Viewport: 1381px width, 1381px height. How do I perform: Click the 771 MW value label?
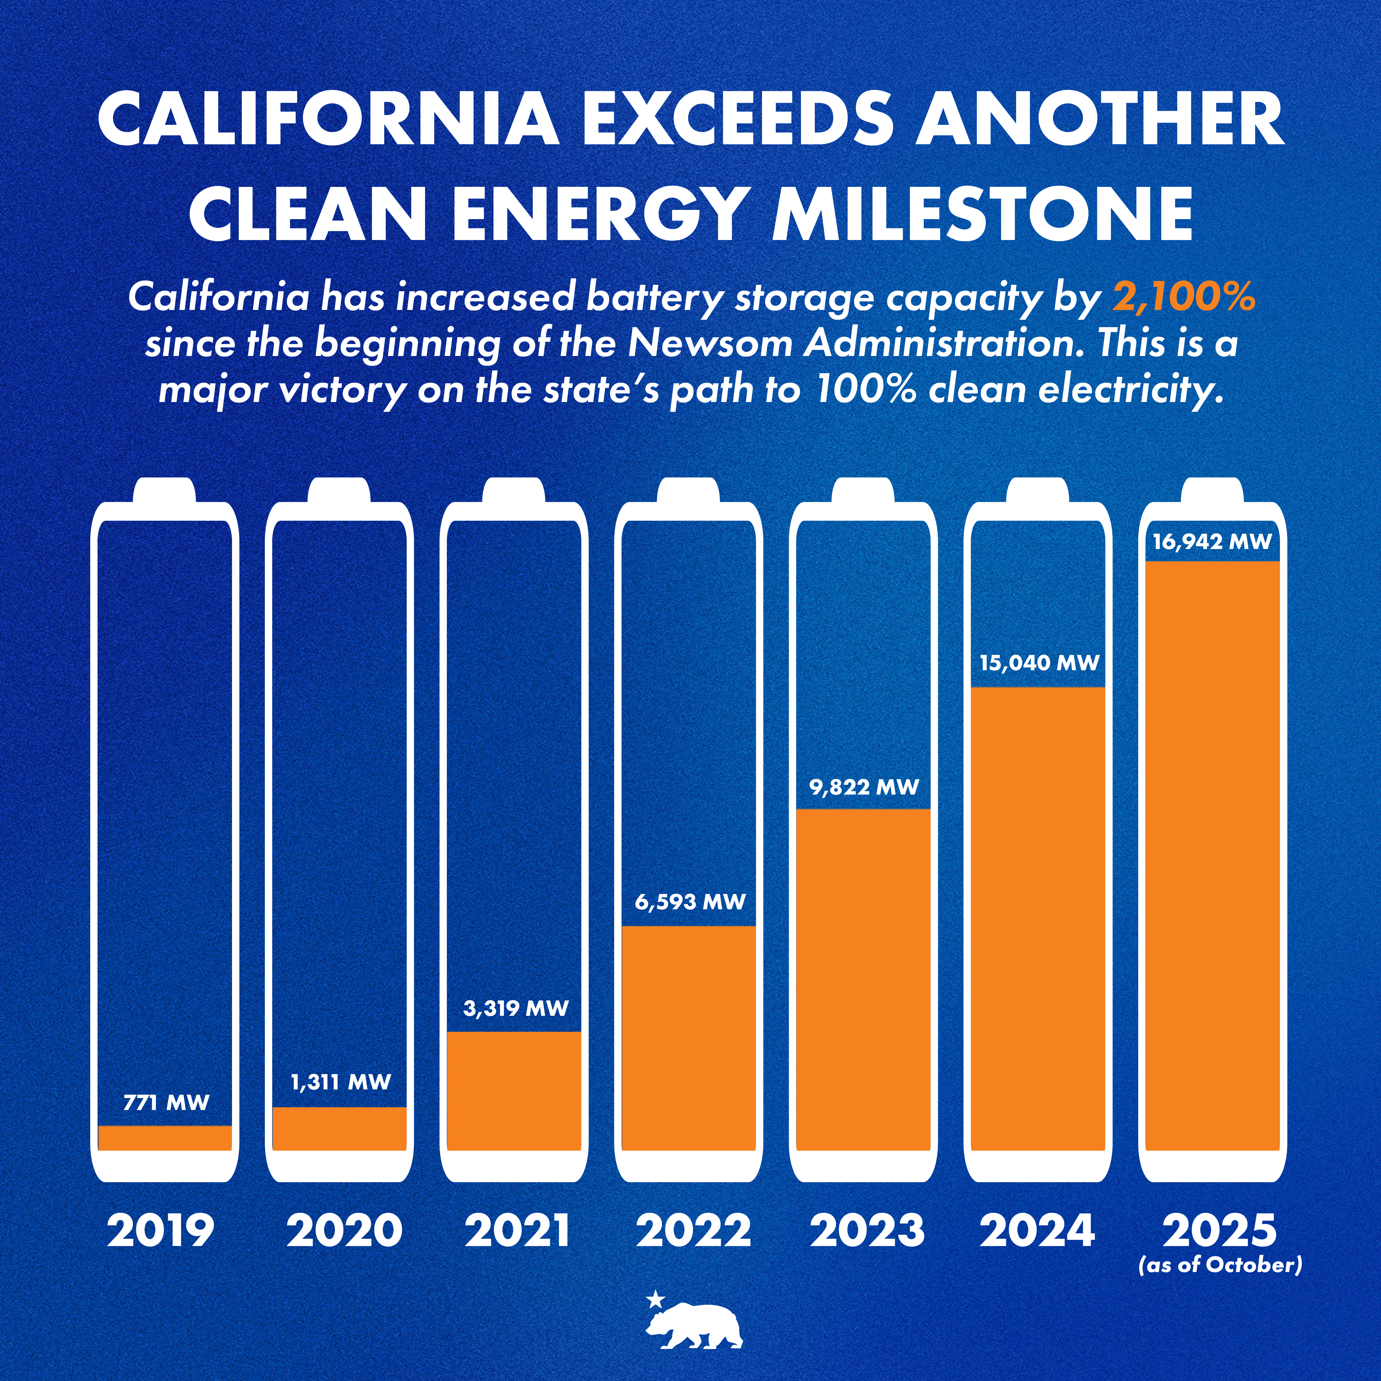tap(166, 1102)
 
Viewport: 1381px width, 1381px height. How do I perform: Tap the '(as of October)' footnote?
tap(1220, 1265)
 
